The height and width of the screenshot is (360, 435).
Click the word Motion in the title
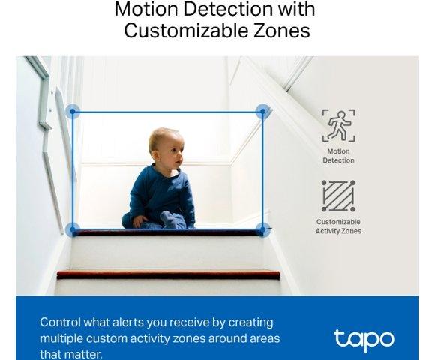[x=143, y=10]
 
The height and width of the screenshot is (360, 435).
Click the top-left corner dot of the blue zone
[x=73, y=112]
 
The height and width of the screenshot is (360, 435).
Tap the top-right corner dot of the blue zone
[x=262, y=112]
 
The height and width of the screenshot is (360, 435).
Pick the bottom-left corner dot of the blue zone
[x=73, y=229]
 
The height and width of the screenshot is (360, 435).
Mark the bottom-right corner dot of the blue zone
[x=262, y=229]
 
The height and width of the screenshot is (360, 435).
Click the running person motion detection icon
[x=338, y=125]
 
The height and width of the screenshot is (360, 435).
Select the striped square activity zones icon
[x=338, y=196]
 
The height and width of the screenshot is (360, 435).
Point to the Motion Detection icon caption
[x=338, y=156]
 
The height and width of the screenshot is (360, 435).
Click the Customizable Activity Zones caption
[x=338, y=226]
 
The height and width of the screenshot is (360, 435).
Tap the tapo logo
[x=364, y=338]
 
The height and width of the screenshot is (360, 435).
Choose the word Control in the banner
[x=60, y=322]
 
